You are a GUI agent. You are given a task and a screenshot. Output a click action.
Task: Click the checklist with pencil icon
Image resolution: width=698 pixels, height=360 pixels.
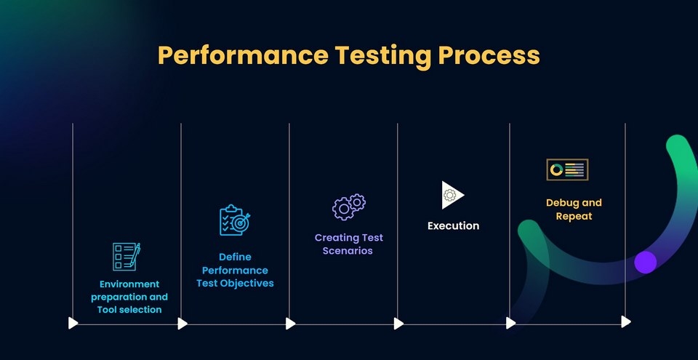point(126,257)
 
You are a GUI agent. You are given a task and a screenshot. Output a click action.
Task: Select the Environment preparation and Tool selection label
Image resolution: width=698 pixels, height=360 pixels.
point(129,297)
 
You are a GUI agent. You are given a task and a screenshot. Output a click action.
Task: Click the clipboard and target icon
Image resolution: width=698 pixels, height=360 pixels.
point(235,220)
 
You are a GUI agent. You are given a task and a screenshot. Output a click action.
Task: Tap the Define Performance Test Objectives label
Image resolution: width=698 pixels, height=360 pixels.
point(235,270)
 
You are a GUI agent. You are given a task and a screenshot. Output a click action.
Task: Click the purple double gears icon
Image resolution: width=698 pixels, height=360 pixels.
point(349,207)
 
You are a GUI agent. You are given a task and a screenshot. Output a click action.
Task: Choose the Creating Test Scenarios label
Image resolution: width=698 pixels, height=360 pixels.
point(349,244)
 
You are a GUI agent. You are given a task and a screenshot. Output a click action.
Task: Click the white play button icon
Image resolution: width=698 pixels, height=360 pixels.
point(452,195)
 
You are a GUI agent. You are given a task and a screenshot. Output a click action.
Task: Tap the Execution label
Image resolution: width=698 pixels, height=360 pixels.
point(453,225)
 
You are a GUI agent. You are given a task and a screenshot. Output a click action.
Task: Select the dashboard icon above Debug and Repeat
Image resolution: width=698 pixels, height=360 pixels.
point(567,169)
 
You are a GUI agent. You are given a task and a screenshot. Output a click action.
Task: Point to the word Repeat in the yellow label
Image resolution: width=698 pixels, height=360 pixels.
point(574,216)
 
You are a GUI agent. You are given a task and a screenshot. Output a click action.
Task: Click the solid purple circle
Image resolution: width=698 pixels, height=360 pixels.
point(645,262)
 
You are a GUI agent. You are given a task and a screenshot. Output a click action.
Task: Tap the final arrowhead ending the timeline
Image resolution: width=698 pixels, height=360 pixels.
point(626,321)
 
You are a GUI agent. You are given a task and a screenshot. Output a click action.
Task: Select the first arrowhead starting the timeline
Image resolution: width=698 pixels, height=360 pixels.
point(73,322)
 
